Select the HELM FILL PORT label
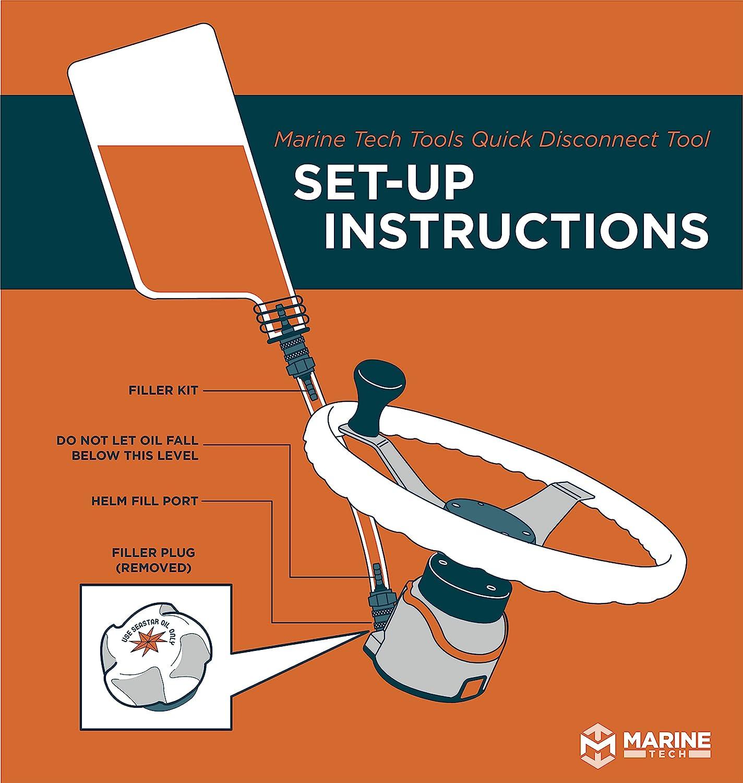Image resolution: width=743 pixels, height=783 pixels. (145, 501)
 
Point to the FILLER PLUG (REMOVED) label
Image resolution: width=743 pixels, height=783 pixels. (150, 560)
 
